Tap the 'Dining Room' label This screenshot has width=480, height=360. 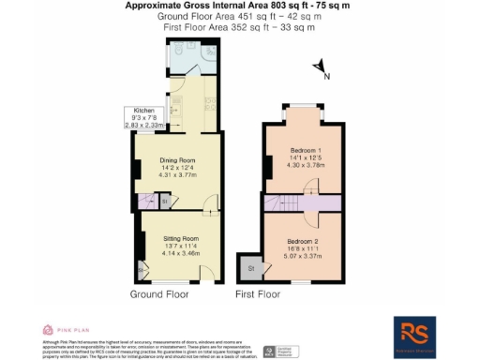[177, 158]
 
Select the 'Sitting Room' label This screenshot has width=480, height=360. [177, 239]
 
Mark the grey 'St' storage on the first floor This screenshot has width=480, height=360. [250, 268]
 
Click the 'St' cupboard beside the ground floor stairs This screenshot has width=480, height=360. [162, 201]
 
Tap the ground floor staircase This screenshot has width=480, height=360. [146, 201]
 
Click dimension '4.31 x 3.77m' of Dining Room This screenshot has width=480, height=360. [177, 173]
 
